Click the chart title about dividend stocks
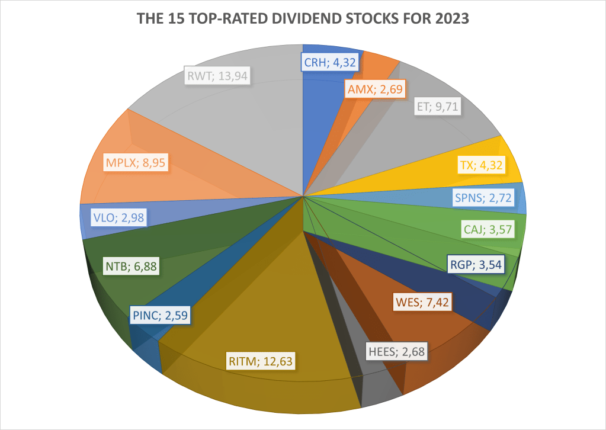click(x=303, y=19)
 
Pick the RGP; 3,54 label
click(x=474, y=264)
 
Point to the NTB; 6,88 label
click(x=130, y=265)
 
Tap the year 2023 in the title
click(x=452, y=19)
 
